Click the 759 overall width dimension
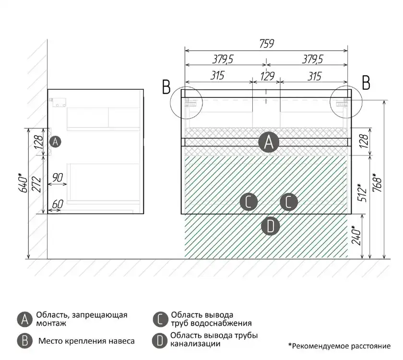click(266, 43)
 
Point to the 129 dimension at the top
click(267, 75)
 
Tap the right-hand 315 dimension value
click(314, 75)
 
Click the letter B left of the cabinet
click(166, 86)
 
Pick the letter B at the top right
click(366, 83)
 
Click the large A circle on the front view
click(269, 142)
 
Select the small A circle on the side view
click(56, 142)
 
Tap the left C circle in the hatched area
click(248, 202)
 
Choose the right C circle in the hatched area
click(288, 202)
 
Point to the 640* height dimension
click(21, 183)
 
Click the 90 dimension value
click(58, 178)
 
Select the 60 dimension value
click(57, 204)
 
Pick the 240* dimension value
click(356, 235)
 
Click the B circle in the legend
click(24, 341)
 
